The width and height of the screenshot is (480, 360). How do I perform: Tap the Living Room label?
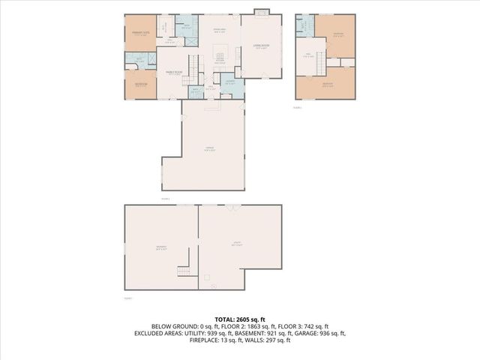(261, 46)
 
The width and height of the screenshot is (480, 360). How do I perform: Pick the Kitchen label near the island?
(220, 62)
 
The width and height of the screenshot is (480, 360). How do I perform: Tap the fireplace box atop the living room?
(260, 12)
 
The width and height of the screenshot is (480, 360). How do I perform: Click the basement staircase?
(183, 271)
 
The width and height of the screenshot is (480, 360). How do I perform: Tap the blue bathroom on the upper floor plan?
(304, 25)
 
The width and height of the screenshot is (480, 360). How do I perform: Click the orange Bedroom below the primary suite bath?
(141, 84)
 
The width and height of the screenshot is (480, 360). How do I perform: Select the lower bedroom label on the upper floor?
(327, 85)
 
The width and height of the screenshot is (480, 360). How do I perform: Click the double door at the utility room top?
(235, 206)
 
